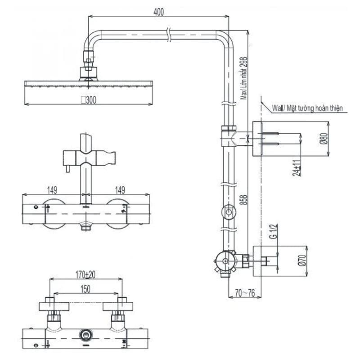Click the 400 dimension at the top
coord(159,12)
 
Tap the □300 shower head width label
coord(89,100)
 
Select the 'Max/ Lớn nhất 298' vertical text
coord(244,78)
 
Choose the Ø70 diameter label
coord(302,261)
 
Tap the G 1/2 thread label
coord(274,232)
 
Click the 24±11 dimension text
coord(297,168)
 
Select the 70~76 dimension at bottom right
coord(245,293)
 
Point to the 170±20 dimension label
coord(85,274)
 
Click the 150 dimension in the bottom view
coord(85,289)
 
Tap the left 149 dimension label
coord(52,190)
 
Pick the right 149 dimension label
coord(120,190)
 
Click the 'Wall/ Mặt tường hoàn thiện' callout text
coord(307,108)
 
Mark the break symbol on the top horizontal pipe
coord(169,35)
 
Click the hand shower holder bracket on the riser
coord(89,158)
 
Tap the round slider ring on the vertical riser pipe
coord(228,212)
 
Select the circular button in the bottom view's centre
coord(86,335)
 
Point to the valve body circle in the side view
coord(225,261)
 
